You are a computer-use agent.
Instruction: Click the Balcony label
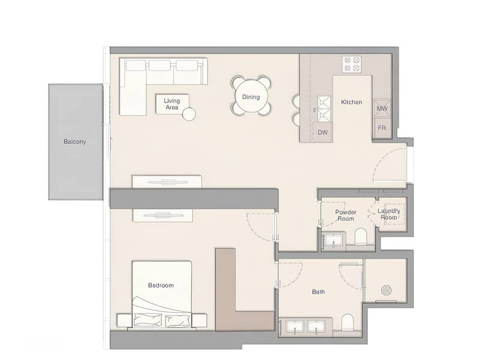75,142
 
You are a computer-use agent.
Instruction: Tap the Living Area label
172,104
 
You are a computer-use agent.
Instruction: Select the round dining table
251,96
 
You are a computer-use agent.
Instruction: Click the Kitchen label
351,102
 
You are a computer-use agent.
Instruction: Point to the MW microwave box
382,109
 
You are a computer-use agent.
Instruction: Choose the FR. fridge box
382,128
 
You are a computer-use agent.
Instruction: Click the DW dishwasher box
322,132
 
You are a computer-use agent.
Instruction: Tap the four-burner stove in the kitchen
352,64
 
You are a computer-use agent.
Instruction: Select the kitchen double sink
324,109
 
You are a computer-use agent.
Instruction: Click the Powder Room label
346,215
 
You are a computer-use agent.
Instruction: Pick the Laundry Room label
389,214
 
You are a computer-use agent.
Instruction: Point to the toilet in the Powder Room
361,237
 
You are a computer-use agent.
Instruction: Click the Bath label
319,292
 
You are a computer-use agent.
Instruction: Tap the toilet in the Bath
348,323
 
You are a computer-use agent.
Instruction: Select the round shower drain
385,290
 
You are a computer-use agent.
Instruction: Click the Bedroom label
161,286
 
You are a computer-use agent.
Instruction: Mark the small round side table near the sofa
190,114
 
